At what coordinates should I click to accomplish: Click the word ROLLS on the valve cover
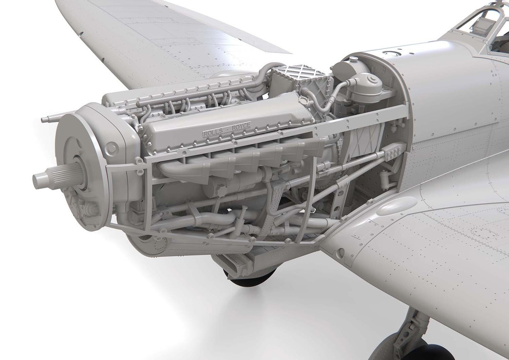coord(211,133)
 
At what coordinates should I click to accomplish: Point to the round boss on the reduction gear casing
coord(112,147)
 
